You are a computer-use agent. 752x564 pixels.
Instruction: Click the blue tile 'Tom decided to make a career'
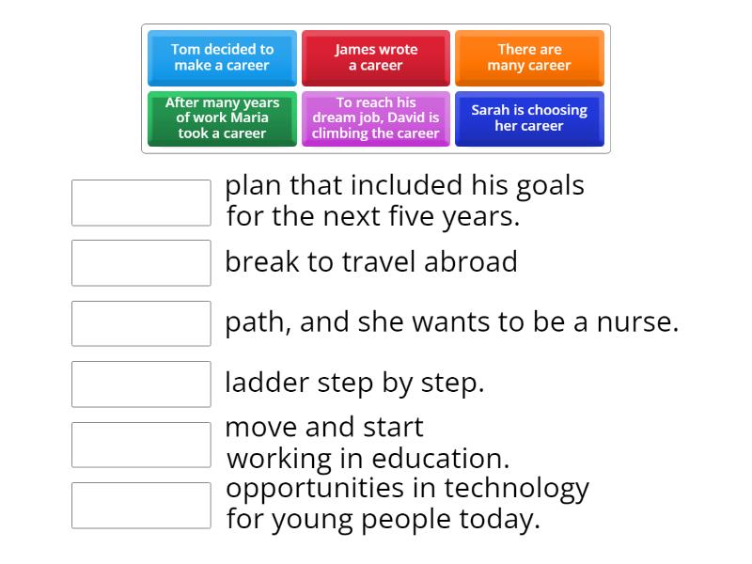(x=222, y=57)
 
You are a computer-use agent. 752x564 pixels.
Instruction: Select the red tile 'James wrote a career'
(x=376, y=57)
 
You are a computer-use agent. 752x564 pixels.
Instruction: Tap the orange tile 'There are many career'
(x=529, y=57)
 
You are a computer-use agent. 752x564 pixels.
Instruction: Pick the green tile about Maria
(x=222, y=117)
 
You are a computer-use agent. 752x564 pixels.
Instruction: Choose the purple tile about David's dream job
(x=376, y=117)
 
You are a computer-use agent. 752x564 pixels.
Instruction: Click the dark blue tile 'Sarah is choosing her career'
(x=529, y=117)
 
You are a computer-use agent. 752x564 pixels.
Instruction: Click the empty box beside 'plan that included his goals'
(x=141, y=202)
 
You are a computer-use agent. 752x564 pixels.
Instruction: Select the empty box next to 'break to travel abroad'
(x=141, y=262)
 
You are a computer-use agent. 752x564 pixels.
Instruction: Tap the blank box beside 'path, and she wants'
(x=141, y=323)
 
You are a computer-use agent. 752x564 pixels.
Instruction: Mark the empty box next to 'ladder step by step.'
(x=141, y=384)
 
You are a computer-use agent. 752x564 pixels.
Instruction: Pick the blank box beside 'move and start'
(x=141, y=444)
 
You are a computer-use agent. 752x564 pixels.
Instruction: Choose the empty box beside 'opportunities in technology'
(x=141, y=505)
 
